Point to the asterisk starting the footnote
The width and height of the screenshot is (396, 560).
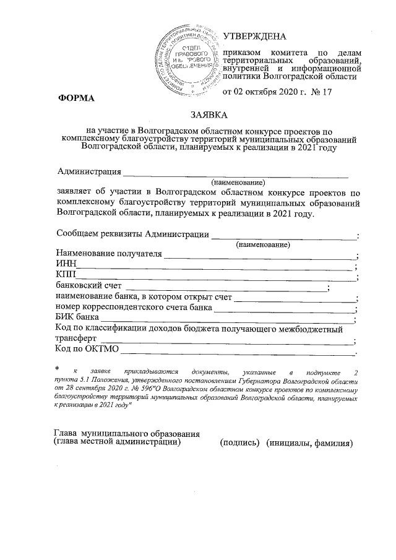coord(57,369)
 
